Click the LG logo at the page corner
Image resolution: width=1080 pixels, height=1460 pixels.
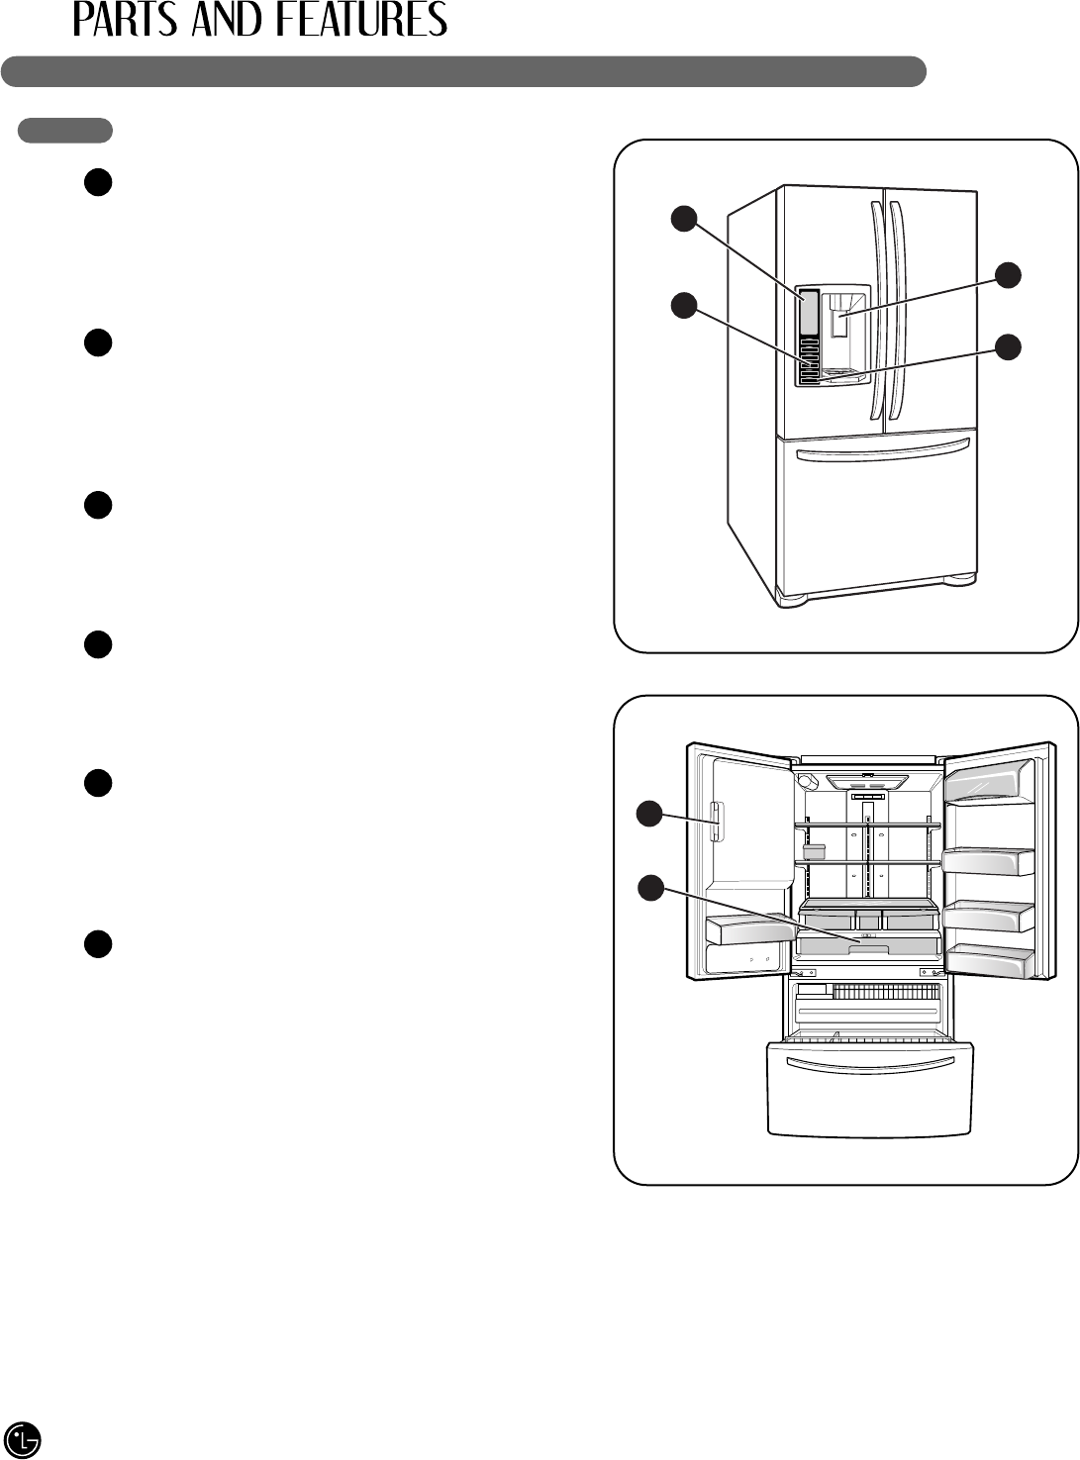22,1438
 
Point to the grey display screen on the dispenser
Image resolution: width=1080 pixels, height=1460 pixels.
809,311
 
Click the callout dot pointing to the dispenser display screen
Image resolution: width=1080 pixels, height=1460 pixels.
683,219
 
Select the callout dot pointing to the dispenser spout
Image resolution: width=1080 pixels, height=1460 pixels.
1008,275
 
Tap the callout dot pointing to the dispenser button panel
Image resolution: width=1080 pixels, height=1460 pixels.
683,306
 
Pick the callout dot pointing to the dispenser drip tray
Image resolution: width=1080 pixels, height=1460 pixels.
1008,346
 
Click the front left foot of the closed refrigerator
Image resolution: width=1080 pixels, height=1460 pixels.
791,599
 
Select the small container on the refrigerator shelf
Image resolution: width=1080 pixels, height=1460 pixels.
814,851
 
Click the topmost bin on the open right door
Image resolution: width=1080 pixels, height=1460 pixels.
988,786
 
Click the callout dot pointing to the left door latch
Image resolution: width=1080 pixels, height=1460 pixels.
649,814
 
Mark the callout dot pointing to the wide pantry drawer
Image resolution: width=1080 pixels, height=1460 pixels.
649,888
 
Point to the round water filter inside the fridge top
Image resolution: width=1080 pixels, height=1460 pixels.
807,781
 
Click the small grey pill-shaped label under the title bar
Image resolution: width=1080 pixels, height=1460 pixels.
65,130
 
